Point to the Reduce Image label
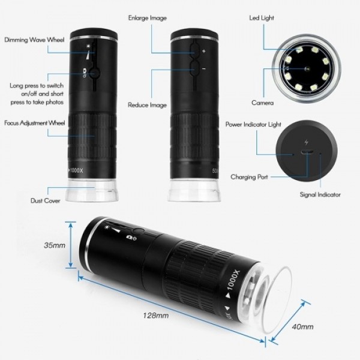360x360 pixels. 147,105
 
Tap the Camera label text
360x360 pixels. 262,103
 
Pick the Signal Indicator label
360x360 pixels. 320,194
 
